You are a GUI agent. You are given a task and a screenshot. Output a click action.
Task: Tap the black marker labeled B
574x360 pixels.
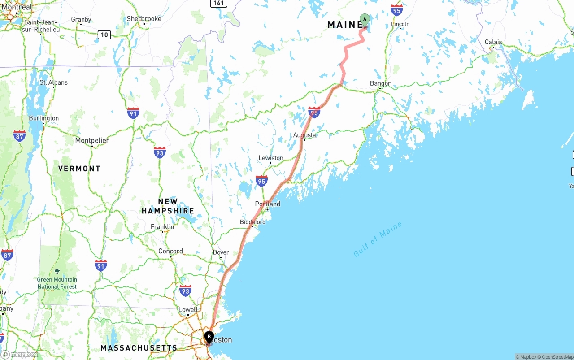coord(209,337)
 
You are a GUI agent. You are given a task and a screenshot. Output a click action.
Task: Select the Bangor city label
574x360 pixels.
coord(380,83)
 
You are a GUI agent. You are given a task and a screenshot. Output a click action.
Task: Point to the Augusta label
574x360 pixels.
coord(304,135)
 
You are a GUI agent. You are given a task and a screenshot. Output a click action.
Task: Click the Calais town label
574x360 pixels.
coord(493,42)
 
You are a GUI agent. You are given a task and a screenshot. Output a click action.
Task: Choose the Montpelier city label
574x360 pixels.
coord(92,140)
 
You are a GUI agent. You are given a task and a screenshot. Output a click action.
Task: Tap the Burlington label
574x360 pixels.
coord(43,118)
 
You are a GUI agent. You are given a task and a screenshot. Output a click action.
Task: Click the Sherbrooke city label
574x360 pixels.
coord(144,19)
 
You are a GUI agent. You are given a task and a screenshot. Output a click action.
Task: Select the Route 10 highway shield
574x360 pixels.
coord(104,35)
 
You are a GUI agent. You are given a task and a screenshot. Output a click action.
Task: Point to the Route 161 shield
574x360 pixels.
coord(218,3)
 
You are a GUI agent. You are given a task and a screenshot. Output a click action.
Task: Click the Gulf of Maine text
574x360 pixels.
coord(378,240)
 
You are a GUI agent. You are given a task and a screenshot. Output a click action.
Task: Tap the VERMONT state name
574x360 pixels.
coord(79,169)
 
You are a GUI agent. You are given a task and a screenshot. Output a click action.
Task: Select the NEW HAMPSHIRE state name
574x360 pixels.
coord(168,206)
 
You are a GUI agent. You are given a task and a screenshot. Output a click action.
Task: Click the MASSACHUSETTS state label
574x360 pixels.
coord(139,348)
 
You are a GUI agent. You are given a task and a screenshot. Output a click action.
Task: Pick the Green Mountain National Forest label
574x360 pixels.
coord(57,283)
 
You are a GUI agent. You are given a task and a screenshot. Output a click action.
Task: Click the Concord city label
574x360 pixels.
coord(170,251)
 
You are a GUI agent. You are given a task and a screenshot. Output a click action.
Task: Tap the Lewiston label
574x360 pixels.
coord(271,158)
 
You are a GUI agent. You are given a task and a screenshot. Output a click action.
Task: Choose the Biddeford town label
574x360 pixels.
coord(252,222)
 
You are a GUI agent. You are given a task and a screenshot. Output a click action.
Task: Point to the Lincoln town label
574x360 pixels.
coord(400,24)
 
